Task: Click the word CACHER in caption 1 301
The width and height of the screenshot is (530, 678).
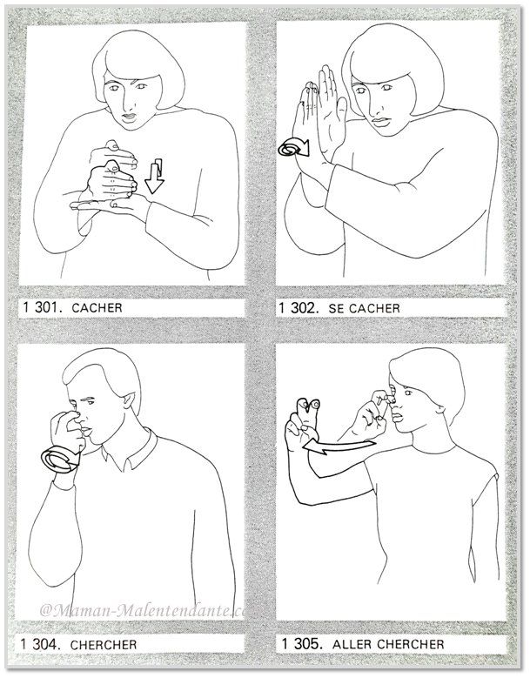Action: [97, 308]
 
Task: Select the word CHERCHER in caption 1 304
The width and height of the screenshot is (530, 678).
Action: [104, 645]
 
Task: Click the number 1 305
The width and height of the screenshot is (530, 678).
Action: [302, 643]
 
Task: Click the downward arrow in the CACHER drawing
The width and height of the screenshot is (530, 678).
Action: [154, 177]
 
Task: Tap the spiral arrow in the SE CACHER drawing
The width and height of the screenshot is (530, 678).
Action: [293, 147]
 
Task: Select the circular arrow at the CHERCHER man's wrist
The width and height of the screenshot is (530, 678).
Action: [61, 460]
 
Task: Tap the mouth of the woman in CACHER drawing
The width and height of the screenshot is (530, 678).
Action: [129, 116]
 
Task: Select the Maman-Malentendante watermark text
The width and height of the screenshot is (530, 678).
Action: [143, 611]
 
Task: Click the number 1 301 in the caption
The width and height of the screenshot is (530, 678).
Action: [44, 307]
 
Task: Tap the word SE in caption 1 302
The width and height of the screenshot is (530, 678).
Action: [336, 308]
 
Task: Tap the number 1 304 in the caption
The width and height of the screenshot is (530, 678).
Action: [40, 644]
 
